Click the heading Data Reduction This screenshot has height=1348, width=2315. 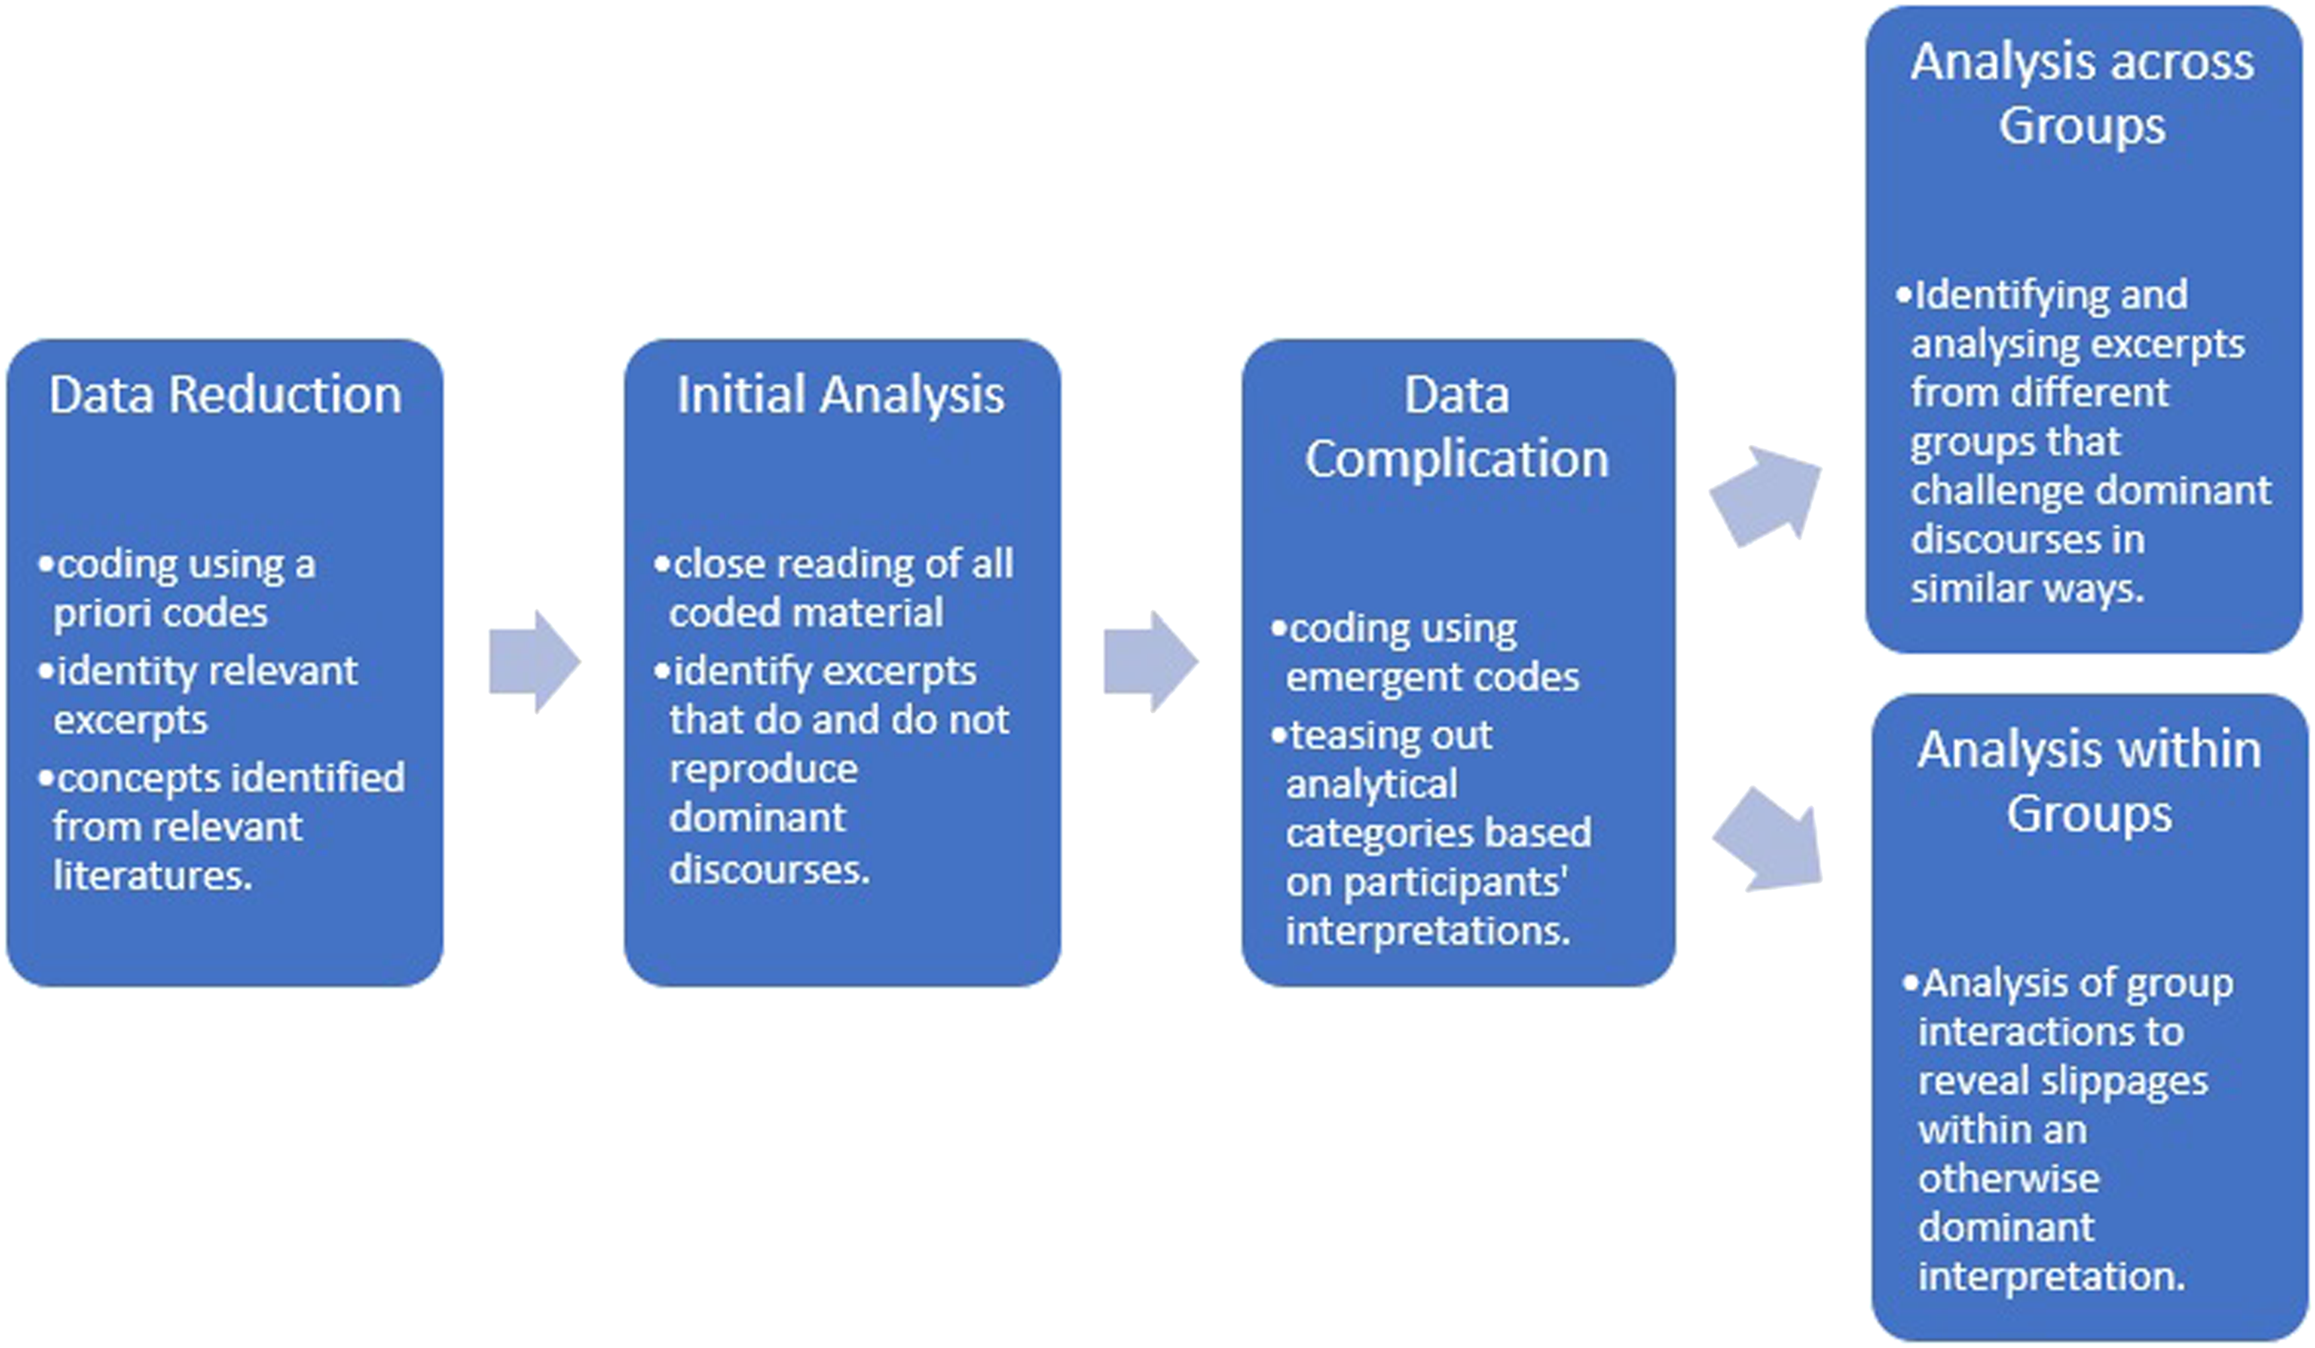point(225,395)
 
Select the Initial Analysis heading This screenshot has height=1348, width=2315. point(840,396)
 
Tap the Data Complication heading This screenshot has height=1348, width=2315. point(1457,427)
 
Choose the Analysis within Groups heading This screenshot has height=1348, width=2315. point(2089,781)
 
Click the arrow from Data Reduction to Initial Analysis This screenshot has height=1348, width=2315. point(535,661)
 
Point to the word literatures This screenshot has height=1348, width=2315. point(152,876)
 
